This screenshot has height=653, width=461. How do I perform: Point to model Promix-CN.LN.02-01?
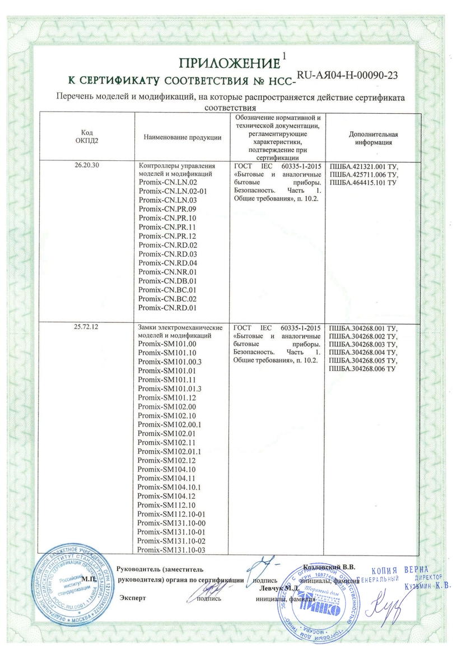[x=172, y=191]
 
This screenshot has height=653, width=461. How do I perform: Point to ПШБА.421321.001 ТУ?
[x=362, y=166]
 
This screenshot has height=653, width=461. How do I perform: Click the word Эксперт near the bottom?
[x=133, y=598]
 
